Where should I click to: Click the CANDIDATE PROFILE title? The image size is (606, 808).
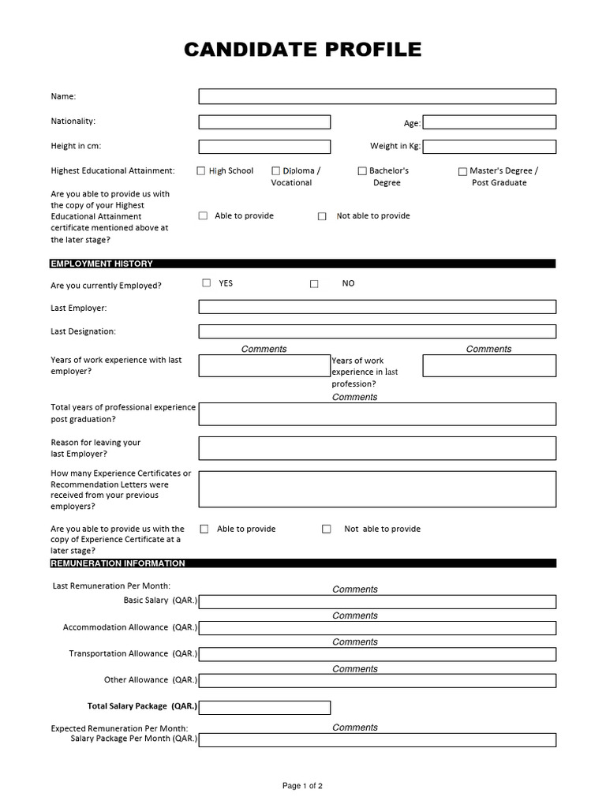302,50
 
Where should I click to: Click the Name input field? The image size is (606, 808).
377,96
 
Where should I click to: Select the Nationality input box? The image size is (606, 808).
264,122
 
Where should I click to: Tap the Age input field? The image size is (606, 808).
489,122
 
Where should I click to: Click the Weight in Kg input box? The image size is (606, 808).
489,147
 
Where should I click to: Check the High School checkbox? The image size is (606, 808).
201,170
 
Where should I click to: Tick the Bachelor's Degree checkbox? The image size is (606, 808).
362,170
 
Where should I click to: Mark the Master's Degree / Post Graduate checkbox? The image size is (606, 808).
462,171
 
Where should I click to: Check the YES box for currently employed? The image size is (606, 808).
207,282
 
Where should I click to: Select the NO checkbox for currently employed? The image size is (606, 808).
314,283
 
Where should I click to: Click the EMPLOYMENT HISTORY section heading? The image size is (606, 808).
102,264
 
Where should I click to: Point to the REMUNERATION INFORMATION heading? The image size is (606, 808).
118,563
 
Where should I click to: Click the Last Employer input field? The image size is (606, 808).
377,307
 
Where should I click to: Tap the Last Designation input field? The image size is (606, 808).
377,331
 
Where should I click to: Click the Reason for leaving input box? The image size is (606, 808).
377,448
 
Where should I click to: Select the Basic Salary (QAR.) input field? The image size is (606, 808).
377,602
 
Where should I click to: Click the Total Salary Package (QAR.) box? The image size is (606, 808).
264,707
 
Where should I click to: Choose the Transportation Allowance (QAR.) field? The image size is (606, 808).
377,654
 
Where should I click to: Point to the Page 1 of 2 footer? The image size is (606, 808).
302,786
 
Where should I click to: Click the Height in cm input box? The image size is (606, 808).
264,147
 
